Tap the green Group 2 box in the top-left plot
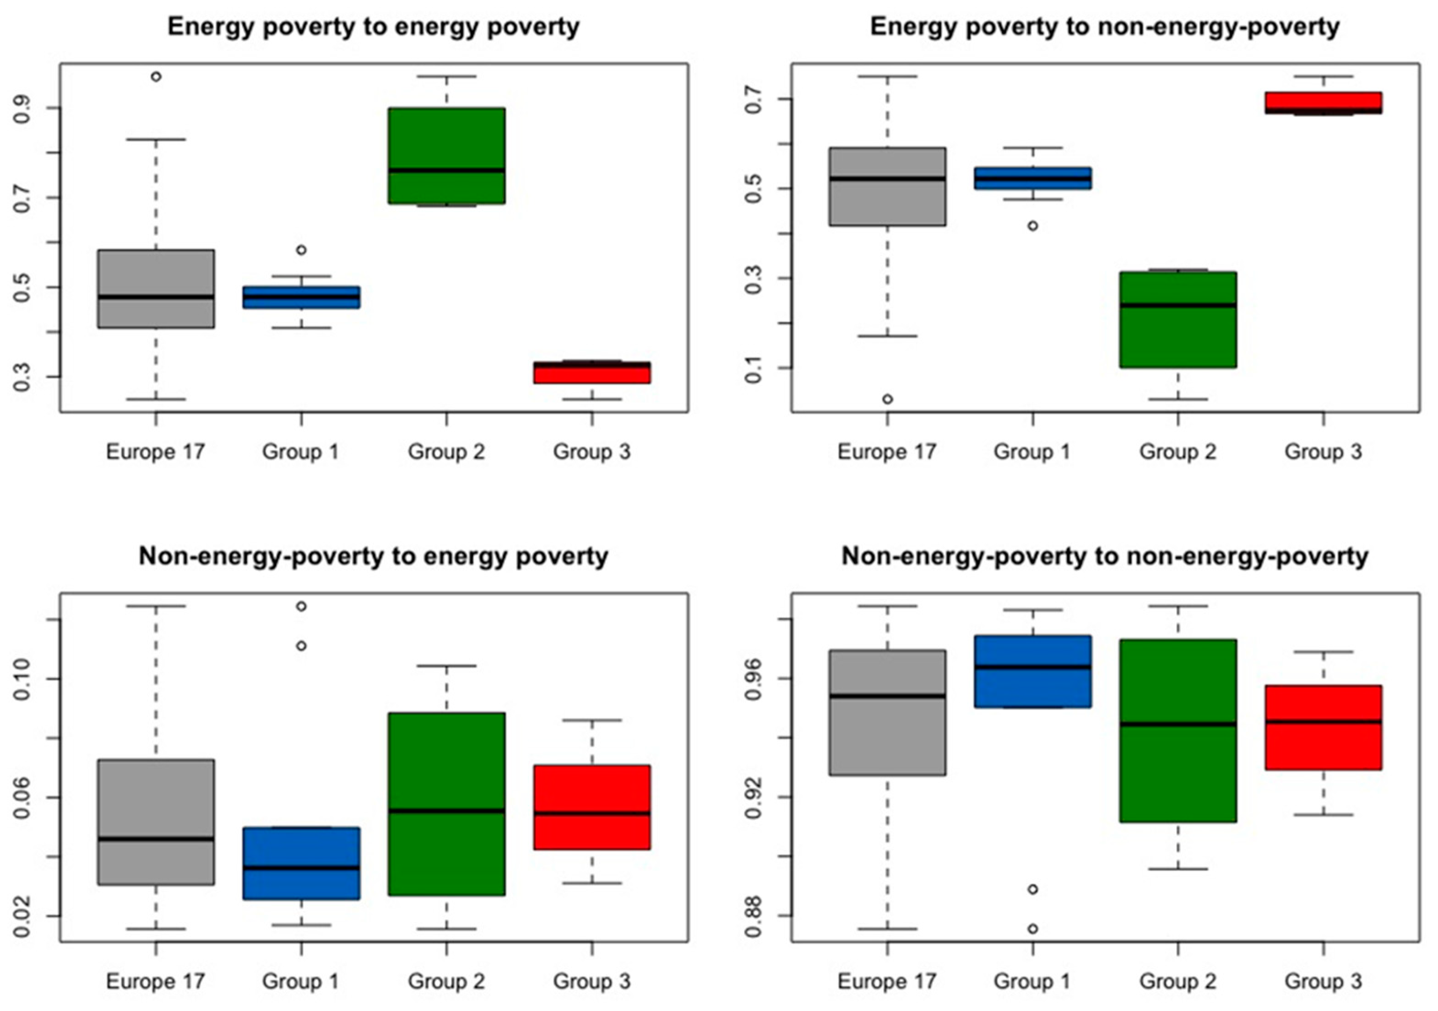pos(446,155)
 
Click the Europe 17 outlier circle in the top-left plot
pos(156,77)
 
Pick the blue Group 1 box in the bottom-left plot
pos(301,863)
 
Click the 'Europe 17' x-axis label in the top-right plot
pos(886,452)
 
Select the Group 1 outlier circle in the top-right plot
pos(1033,226)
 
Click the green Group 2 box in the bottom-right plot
pos(1178,731)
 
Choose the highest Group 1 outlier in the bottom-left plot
pos(301,606)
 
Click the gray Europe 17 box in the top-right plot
pos(887,187)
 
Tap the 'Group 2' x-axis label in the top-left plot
pos(446,452)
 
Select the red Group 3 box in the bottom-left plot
pos(592,807)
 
